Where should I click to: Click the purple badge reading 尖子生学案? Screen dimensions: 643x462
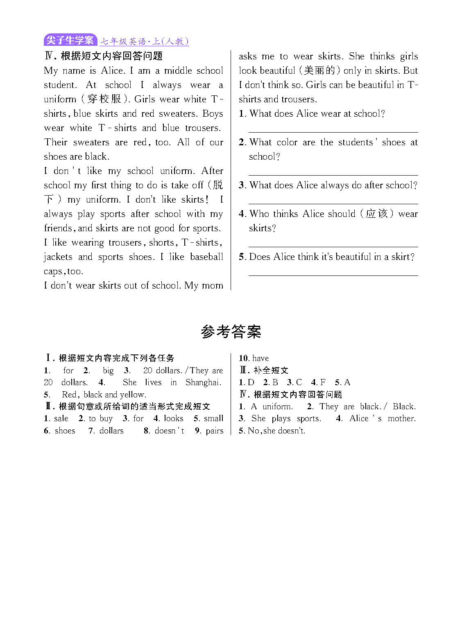coord(70,41)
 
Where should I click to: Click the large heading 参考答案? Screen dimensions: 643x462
coord(231,332)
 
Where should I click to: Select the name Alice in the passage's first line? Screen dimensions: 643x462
coord(112,71)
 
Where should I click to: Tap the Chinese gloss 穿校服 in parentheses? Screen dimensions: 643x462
coord(104,99)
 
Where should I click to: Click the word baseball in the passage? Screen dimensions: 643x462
coord(206,257)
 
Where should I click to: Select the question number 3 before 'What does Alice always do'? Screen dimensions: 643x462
coord(242,185)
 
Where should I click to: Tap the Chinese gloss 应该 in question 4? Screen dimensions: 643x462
coord(376,214)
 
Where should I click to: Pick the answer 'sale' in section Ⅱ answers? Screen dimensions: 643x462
coord(61,419)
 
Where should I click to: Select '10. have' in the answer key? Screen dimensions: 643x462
coord(254,358)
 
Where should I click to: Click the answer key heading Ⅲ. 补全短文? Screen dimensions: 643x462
coord(264,370)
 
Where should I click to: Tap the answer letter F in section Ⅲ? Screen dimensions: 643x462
coord(323,382)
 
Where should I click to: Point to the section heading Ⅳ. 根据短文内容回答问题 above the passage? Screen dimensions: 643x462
coord(104,56)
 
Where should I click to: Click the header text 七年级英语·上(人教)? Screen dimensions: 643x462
coord(144,41)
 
